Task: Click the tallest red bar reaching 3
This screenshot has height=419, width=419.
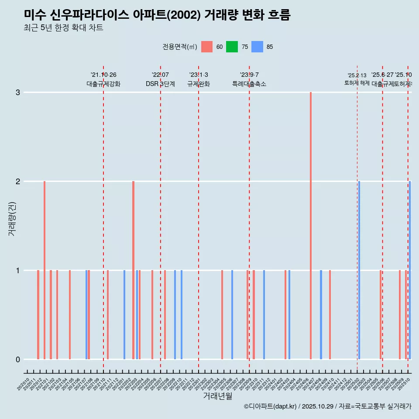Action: point(311,226)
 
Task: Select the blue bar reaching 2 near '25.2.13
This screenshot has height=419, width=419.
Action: point(359,270)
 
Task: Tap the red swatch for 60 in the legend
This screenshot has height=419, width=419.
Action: point(207,47)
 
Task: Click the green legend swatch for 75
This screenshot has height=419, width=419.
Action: point(232,47)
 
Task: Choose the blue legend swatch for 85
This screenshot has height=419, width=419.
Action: point(258,47)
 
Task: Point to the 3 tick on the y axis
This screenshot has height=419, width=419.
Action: point(18,93)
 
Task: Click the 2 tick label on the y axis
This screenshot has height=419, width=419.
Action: point(18,182)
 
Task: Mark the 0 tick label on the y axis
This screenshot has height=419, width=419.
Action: point(18,360)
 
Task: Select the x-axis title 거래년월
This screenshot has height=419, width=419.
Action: point(217,396)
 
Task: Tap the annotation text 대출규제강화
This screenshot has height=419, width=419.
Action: point(103,84)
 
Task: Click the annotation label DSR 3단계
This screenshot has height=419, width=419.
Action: point(160,84)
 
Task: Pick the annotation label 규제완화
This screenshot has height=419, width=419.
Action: point(199,84)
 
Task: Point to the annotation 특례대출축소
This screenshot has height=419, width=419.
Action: point(249,84)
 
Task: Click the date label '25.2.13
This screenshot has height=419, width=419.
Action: point(357,76)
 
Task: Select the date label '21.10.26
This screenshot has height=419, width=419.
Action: point(103,75)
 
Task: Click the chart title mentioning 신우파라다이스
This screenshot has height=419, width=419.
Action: point(157,15)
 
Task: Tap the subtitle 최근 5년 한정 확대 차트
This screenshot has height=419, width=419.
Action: point(64,28)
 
